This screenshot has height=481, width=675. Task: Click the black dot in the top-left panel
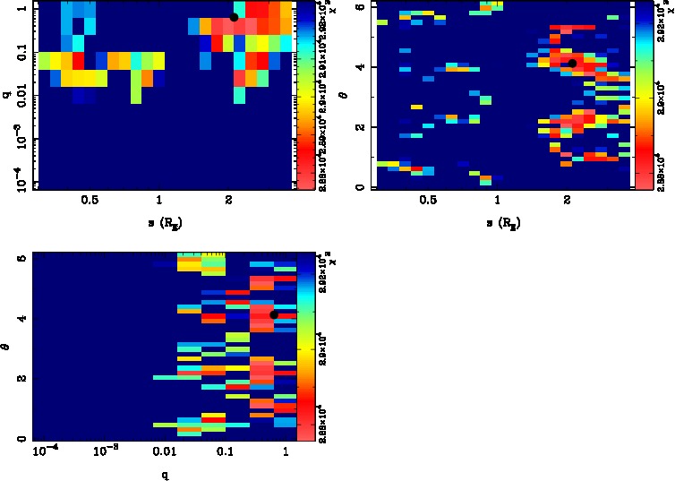234,17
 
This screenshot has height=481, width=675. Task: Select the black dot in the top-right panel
572,63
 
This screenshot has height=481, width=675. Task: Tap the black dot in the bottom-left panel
274,314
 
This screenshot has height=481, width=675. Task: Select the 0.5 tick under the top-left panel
90,201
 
